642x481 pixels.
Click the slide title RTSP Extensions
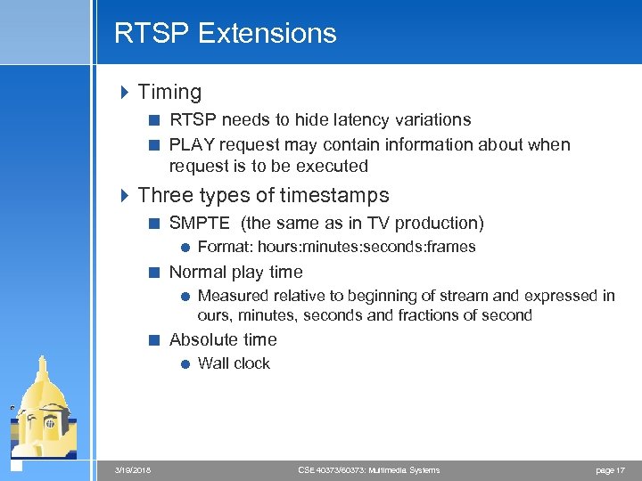(x=225, y=33)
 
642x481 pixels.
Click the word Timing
(x=169, y=92)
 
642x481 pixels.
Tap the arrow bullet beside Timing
(x=124, y=92)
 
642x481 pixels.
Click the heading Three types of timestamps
(x=263, y=195)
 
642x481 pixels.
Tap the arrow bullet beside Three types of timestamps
(x=124, y=195)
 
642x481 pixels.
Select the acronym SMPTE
(x=199, y=223)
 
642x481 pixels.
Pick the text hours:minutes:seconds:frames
(x=366, y=247)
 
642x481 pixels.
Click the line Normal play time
(x=235, y=272)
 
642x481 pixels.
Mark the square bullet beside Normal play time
(x=154, y=273)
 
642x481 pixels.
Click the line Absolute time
(x=223, y=339)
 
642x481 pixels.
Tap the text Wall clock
(x=234, y=363)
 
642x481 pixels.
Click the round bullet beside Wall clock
(x=183, y=363)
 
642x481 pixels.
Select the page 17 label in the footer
(x=609, y=469)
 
